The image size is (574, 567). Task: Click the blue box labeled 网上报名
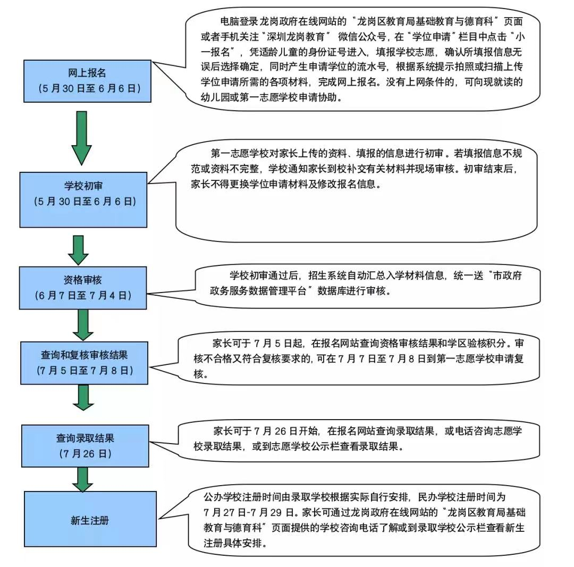[86, 81]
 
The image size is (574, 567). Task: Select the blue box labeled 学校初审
[83, 194]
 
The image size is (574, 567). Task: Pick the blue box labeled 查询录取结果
[85, 446]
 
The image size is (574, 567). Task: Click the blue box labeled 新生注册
[90, 519]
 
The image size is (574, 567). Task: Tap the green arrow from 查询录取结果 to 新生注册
[82, 479]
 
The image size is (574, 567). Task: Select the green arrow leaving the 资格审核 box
[83, 324]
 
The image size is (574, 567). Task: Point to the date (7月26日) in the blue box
[85, 454]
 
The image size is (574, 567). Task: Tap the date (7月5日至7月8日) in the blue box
[84, 369]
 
